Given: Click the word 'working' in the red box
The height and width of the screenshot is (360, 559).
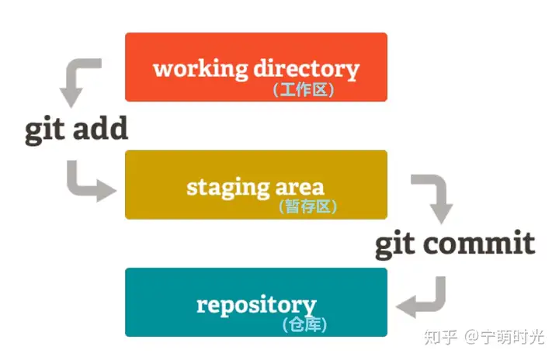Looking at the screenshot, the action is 200,69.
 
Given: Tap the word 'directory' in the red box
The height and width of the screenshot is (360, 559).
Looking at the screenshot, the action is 306,69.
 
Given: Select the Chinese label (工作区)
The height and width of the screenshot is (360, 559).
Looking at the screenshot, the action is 304,90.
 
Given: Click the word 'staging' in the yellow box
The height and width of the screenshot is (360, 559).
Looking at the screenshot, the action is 228,188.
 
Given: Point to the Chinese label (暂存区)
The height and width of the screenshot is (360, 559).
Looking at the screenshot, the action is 307,206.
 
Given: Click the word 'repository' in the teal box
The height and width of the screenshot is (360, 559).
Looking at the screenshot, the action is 256,306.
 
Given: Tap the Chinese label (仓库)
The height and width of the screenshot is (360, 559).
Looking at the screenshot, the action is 304,325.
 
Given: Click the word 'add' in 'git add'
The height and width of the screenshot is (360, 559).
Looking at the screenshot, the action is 100,128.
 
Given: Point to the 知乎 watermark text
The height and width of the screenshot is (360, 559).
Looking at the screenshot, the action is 440,337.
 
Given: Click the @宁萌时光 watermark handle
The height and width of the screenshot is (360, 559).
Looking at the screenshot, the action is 505,337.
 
